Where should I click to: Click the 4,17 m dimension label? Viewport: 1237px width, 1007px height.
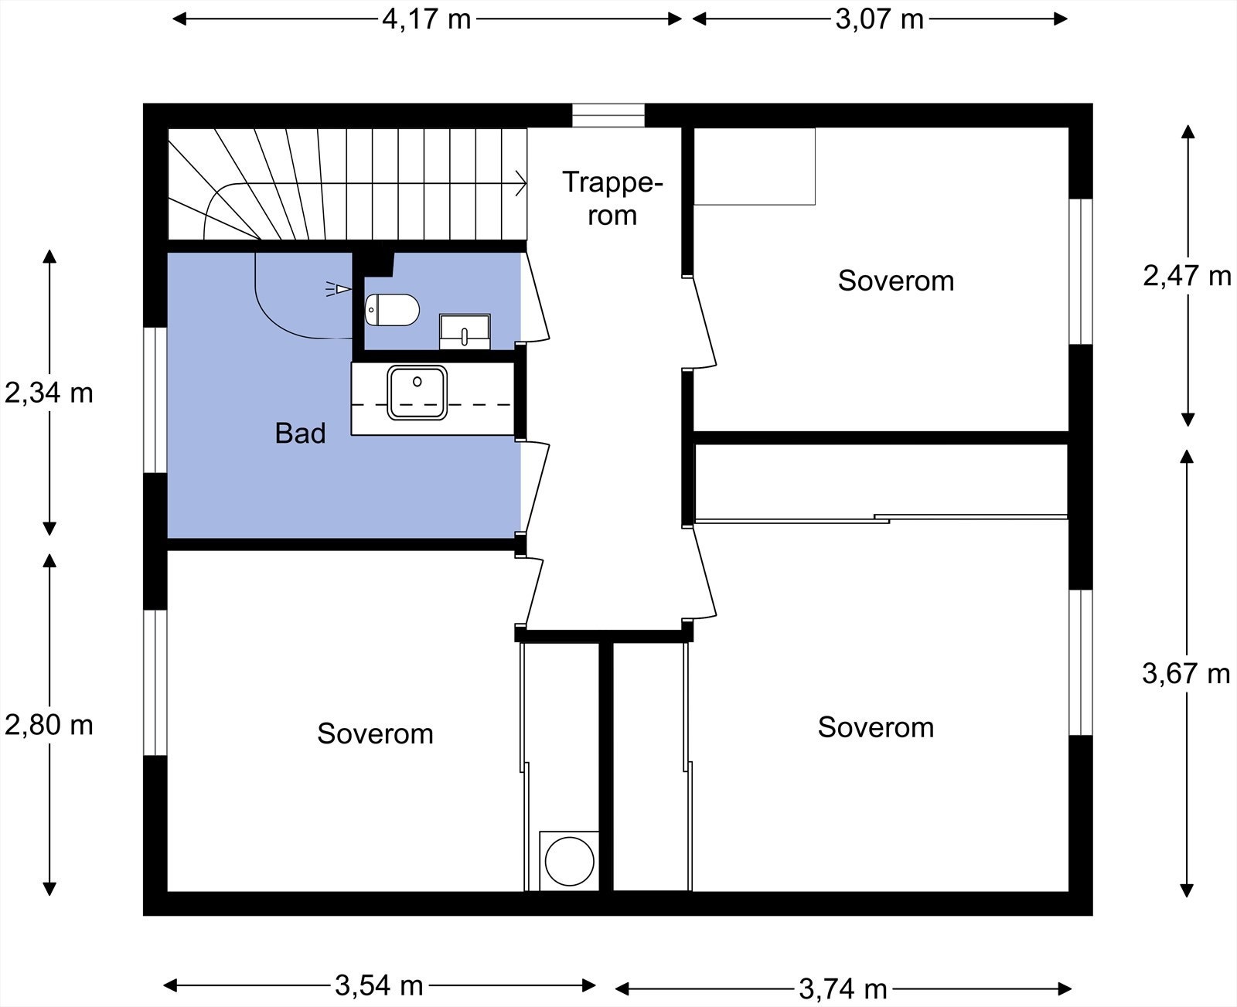tap(426, 20)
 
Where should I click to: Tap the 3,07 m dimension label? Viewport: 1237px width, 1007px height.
tap(879, 20)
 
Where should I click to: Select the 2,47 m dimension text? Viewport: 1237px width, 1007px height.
tap(1187, 276)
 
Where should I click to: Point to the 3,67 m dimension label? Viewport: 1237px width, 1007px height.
tap(1186, 674)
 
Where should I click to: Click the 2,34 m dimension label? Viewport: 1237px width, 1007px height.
tap(49, 393)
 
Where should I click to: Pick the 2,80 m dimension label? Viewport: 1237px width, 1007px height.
tap(49, 725)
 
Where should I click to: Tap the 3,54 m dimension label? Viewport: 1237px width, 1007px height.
tap(379, 985)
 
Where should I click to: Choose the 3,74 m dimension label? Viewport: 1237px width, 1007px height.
tap(843, 988)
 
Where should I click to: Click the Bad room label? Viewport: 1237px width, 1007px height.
tap(300, 433)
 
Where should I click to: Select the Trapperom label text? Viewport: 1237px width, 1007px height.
tap(612, 199)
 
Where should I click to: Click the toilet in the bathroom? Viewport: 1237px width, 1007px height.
tap(392, 310)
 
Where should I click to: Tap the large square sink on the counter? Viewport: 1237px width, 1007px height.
tap(417, 393)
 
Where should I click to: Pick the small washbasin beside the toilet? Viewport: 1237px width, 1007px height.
tap(465, 332)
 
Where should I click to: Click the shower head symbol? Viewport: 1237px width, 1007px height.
tap(339, 288)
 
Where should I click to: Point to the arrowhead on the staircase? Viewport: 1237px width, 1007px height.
tap(522, 183)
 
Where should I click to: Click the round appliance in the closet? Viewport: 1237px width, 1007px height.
tap(569, 861)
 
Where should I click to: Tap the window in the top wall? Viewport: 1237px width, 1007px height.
tap(608, 115)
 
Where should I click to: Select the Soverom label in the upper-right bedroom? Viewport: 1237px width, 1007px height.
tap(895, 281)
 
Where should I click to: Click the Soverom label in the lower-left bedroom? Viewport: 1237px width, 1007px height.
tap(375, 733)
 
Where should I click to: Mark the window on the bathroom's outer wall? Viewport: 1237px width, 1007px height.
tap(155, 400)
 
